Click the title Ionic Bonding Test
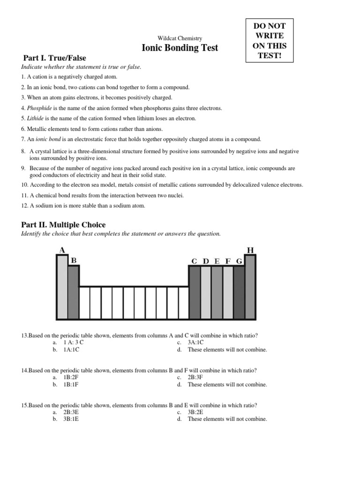pyautogui.click(x=180, y=48)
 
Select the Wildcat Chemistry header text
pyautogui.click(x=180, y=38)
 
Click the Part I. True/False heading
pyautogui.click(x=55, y=58)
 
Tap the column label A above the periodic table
pyautogui.click(x=62, y=250)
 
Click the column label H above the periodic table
pyautogui.click(x=250, y=250)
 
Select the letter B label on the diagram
pyautogui.click(x=73, y=260)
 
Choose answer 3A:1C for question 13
pyautogui.click(x=196, y=343)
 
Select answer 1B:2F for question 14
pyautogui.click(x=72, y=377)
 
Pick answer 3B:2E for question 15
pyautogui.click(x=196, y=412)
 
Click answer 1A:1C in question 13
pyautogui.click(x=71, y=350)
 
